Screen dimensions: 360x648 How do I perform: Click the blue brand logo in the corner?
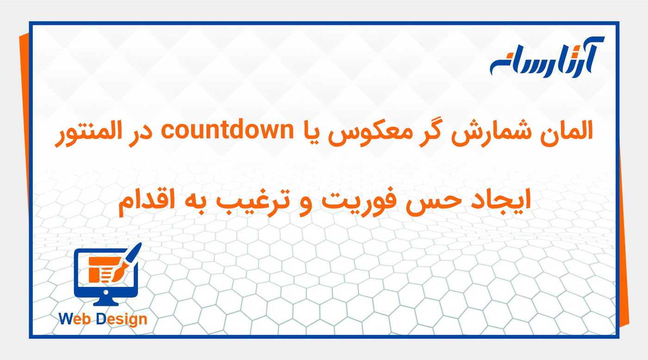pos(546,57)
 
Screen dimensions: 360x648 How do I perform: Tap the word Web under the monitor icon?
pos(75,319)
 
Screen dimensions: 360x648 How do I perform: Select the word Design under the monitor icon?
pos(121,319)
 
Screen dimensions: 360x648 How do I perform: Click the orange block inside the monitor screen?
pos(94,273)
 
